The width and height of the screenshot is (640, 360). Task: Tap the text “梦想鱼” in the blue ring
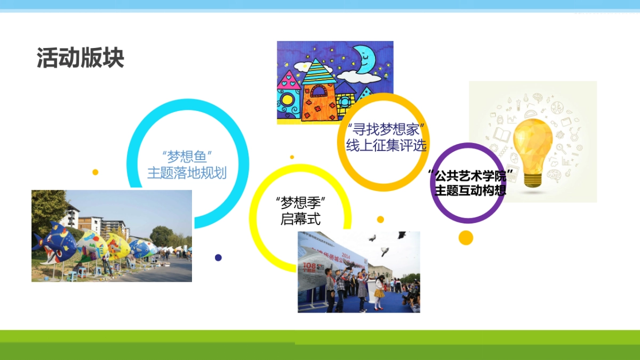tap(187, 157)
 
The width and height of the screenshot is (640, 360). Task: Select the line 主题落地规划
tap(187, 173)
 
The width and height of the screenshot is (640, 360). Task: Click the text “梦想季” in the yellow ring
tap(301, 203)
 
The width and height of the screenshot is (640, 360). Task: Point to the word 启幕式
tap(301, 219)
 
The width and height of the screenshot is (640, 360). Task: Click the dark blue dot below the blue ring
tap(218, 258)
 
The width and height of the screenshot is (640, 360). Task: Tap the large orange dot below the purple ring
tap(466, 238)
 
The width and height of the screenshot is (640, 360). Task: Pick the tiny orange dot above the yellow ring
tap(292, 157)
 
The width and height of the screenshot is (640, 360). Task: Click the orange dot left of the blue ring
tap(95, 172)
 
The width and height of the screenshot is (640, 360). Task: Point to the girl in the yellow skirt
tap(379, 291)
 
